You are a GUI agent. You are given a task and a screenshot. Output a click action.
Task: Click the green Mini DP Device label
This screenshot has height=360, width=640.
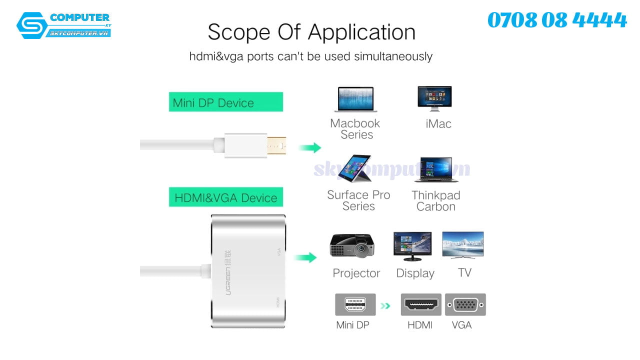click(x=226, y=101)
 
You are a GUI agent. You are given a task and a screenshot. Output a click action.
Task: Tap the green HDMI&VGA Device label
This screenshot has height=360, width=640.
click(x=226, y=197)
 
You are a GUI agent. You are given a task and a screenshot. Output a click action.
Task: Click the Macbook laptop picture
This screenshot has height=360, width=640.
click(x=355, y=99)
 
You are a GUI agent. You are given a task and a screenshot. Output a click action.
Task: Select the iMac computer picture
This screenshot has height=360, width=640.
click(x=434, y=98)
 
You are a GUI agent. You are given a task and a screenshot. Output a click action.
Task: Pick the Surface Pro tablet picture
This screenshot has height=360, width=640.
click(x=354, y=168)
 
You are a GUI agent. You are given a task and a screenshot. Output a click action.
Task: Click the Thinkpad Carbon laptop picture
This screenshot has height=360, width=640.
click(x=436, y=169)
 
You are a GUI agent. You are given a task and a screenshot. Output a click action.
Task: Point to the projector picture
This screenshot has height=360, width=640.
click(x=352, y=245)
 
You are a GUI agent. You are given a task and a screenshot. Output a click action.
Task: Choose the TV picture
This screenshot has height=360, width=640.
click(x=463, y=245)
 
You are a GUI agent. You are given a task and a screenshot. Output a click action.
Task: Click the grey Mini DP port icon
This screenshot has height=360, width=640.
click(x=355, y=304)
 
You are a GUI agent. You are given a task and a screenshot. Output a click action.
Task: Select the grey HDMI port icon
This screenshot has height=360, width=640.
click(x=421, y=304)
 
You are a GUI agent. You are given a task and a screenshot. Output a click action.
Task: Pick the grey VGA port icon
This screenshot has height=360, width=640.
click(x=465, y=304)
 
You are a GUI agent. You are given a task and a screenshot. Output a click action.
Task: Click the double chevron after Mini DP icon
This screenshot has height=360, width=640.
click(x=385, y=306)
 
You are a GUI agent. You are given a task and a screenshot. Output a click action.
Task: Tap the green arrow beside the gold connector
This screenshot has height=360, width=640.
click(x=310, y=147)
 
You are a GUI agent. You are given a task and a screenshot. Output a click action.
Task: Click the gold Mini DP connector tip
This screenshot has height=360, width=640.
click(x=276, y=145)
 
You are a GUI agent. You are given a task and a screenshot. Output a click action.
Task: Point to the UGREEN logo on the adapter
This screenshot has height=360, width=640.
click(x=228, y=272)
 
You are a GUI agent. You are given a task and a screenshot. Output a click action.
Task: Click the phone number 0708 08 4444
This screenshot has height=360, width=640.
click(x=557, y=20)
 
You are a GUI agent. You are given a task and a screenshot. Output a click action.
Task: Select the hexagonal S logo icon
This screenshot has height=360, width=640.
click(x=32, y=25)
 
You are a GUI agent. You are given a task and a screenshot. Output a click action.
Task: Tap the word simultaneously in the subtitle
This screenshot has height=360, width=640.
click(x=393, y=56)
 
